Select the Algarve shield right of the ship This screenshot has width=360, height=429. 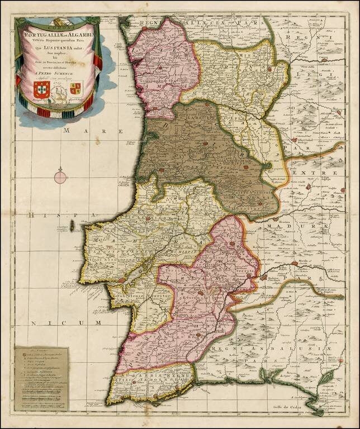(75, 88)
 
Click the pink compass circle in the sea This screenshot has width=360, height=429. (60, 178)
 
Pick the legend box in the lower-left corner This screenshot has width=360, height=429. (41, 379)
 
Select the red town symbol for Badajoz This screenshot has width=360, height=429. (263, 276)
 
